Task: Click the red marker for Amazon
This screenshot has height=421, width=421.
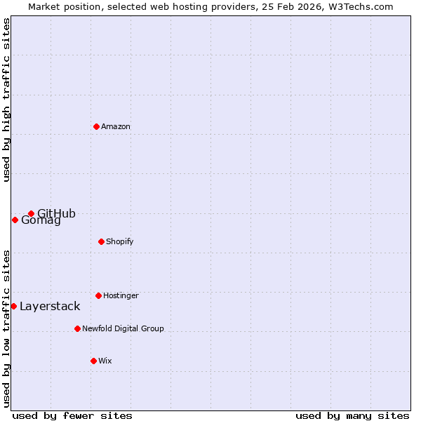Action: click(x=96, y=126)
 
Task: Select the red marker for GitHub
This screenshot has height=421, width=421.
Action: click(x=31, y=213)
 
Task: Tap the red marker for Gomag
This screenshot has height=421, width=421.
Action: click(x=15, y=220)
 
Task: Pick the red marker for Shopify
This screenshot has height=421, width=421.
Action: click(x=101, y=241)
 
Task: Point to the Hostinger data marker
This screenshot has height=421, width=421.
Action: click(x=98, y=295)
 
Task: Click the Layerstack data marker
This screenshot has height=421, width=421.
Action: click(x=13, y=306)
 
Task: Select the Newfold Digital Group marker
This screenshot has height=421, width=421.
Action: click(x=77, y=328)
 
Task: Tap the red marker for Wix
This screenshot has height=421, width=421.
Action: click(x=93, y=361)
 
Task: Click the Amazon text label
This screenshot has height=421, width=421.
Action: click(x=116, y=126)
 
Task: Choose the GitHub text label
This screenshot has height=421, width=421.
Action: click(x=56, y=214)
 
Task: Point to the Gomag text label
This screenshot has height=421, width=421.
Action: click(x=41, y=220)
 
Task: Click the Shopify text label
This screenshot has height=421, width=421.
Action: click(x=120, y=241)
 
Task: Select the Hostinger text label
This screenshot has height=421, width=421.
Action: click(x=121, y=295)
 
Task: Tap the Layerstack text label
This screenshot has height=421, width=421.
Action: click(x=50, y=306)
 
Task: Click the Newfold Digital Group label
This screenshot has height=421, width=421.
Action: click(x=123, y=328)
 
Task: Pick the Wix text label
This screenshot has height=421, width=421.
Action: click(x=105, y=361)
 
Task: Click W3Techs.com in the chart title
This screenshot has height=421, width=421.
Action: click(x=357, y=6)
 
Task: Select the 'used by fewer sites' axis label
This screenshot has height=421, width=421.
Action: click(x=72, y=415)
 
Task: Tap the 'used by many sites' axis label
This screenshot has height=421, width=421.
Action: click(x=352, y=415)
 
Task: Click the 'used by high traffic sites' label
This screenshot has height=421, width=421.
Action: click(x=6, y=100)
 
